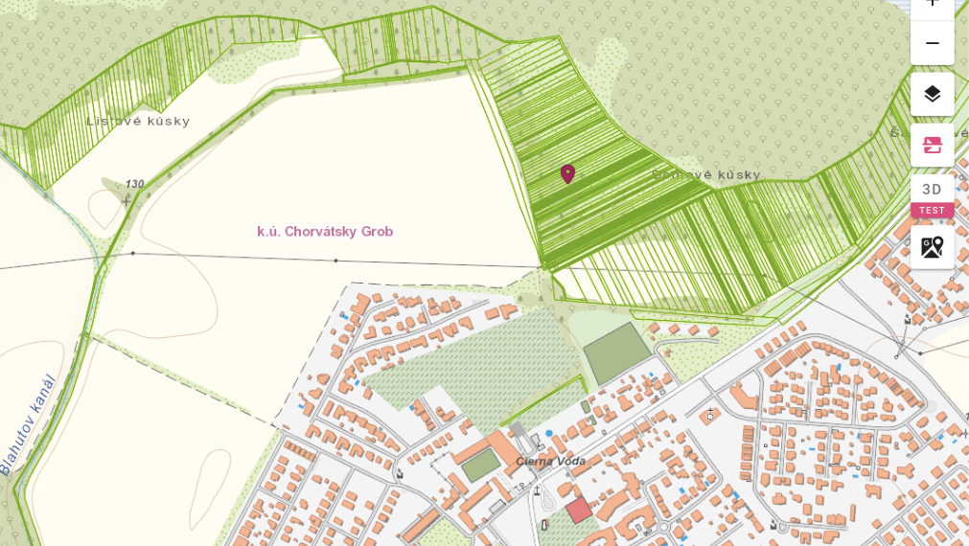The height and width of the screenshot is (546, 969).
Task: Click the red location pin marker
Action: tap(567, 173)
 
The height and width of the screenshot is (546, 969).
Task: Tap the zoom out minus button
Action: tap(932, 44)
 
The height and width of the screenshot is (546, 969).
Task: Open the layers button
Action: tap(932, 94)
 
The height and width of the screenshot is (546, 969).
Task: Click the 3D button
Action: tap(932, 189)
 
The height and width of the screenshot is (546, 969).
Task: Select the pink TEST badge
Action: tap(932, 211)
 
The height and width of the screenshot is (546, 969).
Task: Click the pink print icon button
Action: tap(932, 145)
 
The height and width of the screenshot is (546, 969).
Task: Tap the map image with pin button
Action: tap(932, 247)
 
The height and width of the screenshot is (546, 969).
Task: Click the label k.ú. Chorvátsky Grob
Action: tap(325, 231)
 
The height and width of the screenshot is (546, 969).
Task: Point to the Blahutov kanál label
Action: tap(29, 424)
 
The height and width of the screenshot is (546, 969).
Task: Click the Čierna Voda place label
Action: tap(550, 461)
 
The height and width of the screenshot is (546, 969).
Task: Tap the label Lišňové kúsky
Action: tap(138, 121)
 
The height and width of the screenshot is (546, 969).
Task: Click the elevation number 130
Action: tap(135, 184)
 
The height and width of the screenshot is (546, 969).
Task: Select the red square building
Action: tap(578, 510)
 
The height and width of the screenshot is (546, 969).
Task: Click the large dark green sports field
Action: tap(617, 353)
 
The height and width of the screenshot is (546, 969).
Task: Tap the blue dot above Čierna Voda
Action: tap(549, 434)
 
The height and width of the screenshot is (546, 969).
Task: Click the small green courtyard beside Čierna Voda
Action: tap(481, 465)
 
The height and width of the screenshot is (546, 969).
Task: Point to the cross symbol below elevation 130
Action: tap(126, 201)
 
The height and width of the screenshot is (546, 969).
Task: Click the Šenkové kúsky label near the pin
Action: tap(705, 174)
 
